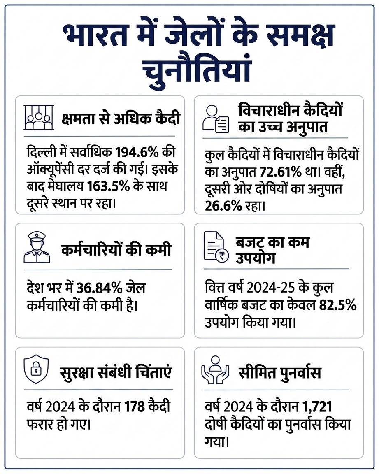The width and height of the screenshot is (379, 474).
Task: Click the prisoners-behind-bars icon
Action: [39, 118]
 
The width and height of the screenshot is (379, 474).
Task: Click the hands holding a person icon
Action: [215, 370]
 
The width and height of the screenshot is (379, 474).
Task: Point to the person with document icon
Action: [216, 119]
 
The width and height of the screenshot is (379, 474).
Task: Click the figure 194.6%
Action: [137, 152]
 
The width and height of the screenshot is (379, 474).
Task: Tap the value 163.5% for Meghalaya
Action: [108, 186]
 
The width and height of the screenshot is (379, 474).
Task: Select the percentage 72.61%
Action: [281, 172]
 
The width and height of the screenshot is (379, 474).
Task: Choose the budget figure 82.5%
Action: [338, 305]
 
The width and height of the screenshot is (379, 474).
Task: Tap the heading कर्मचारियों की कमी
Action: [116, 250]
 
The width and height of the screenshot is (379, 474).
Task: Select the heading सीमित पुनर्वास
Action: [280, 372]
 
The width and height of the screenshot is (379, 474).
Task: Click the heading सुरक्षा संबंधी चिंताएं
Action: [116, 372]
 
